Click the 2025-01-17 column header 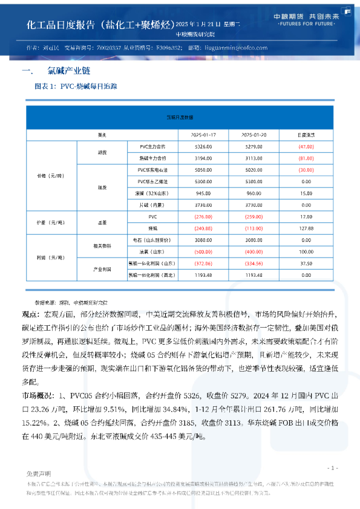click(203, 135)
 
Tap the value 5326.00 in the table click(203, 146)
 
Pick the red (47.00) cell click(306, 146)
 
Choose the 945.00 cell click(203, 193)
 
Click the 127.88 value click(306, 229)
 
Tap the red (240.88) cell click(203, 229)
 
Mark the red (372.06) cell click(203, 264)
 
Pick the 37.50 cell click(306, 264)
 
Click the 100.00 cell click(306, 251)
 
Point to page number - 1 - click(332, 468)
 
